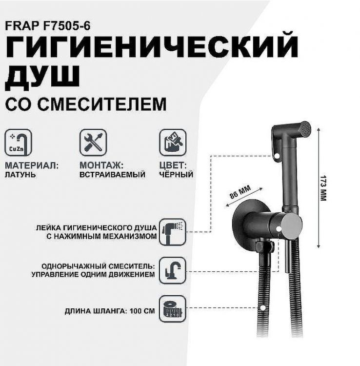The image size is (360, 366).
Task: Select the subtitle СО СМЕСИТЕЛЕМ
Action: click(85, 103)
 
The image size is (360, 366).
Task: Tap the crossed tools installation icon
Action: click(93, 142)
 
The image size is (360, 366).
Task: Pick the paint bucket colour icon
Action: click(172, 142)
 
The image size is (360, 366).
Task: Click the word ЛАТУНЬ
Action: click(20, 174)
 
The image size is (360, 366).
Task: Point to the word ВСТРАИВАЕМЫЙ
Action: click(112, 174)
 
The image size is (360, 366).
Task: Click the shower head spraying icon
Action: click(172, 231)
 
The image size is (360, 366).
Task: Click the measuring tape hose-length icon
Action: click(172, 308)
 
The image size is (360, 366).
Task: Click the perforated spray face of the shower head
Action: click(304, 130)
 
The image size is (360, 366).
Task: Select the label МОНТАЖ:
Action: click(101, 165)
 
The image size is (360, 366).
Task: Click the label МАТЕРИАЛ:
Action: click(31, 165)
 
